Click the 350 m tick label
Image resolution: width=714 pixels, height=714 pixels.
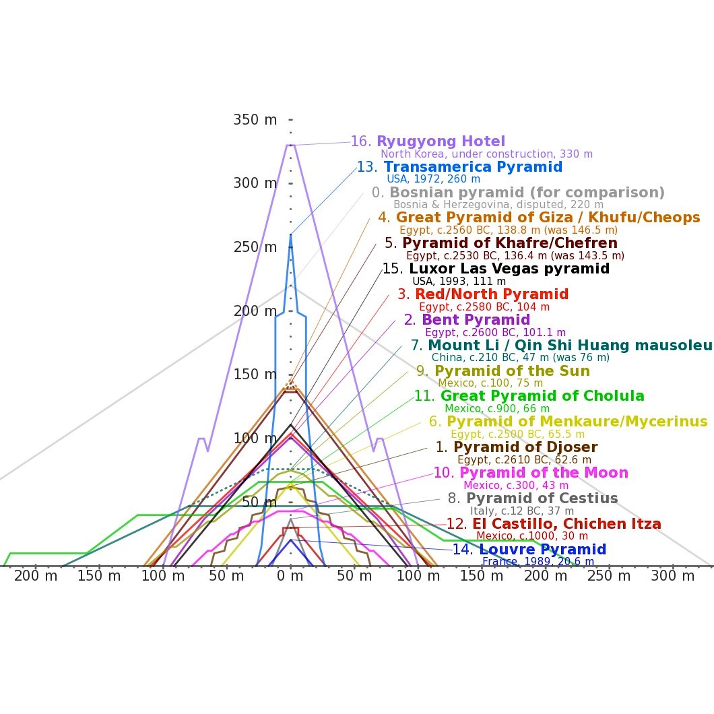(x=255, y=120)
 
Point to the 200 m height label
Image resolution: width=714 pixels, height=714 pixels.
(x=255, y=311)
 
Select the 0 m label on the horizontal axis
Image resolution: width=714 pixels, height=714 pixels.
(x=290, y=576)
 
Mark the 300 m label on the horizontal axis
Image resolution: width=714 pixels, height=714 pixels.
(x=673, y=576)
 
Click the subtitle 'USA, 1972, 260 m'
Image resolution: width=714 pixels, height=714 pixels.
(x=433, y=179)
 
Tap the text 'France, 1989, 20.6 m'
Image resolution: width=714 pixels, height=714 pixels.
(x=538, y=562)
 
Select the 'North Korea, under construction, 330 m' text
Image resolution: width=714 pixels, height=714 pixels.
(x=486, y=154)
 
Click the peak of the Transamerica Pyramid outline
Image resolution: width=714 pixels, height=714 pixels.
(x=290, y=234)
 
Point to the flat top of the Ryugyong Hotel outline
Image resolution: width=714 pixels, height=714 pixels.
(x=290, y=145)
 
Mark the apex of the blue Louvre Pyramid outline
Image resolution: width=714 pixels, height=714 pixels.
(x=290, y=540)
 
